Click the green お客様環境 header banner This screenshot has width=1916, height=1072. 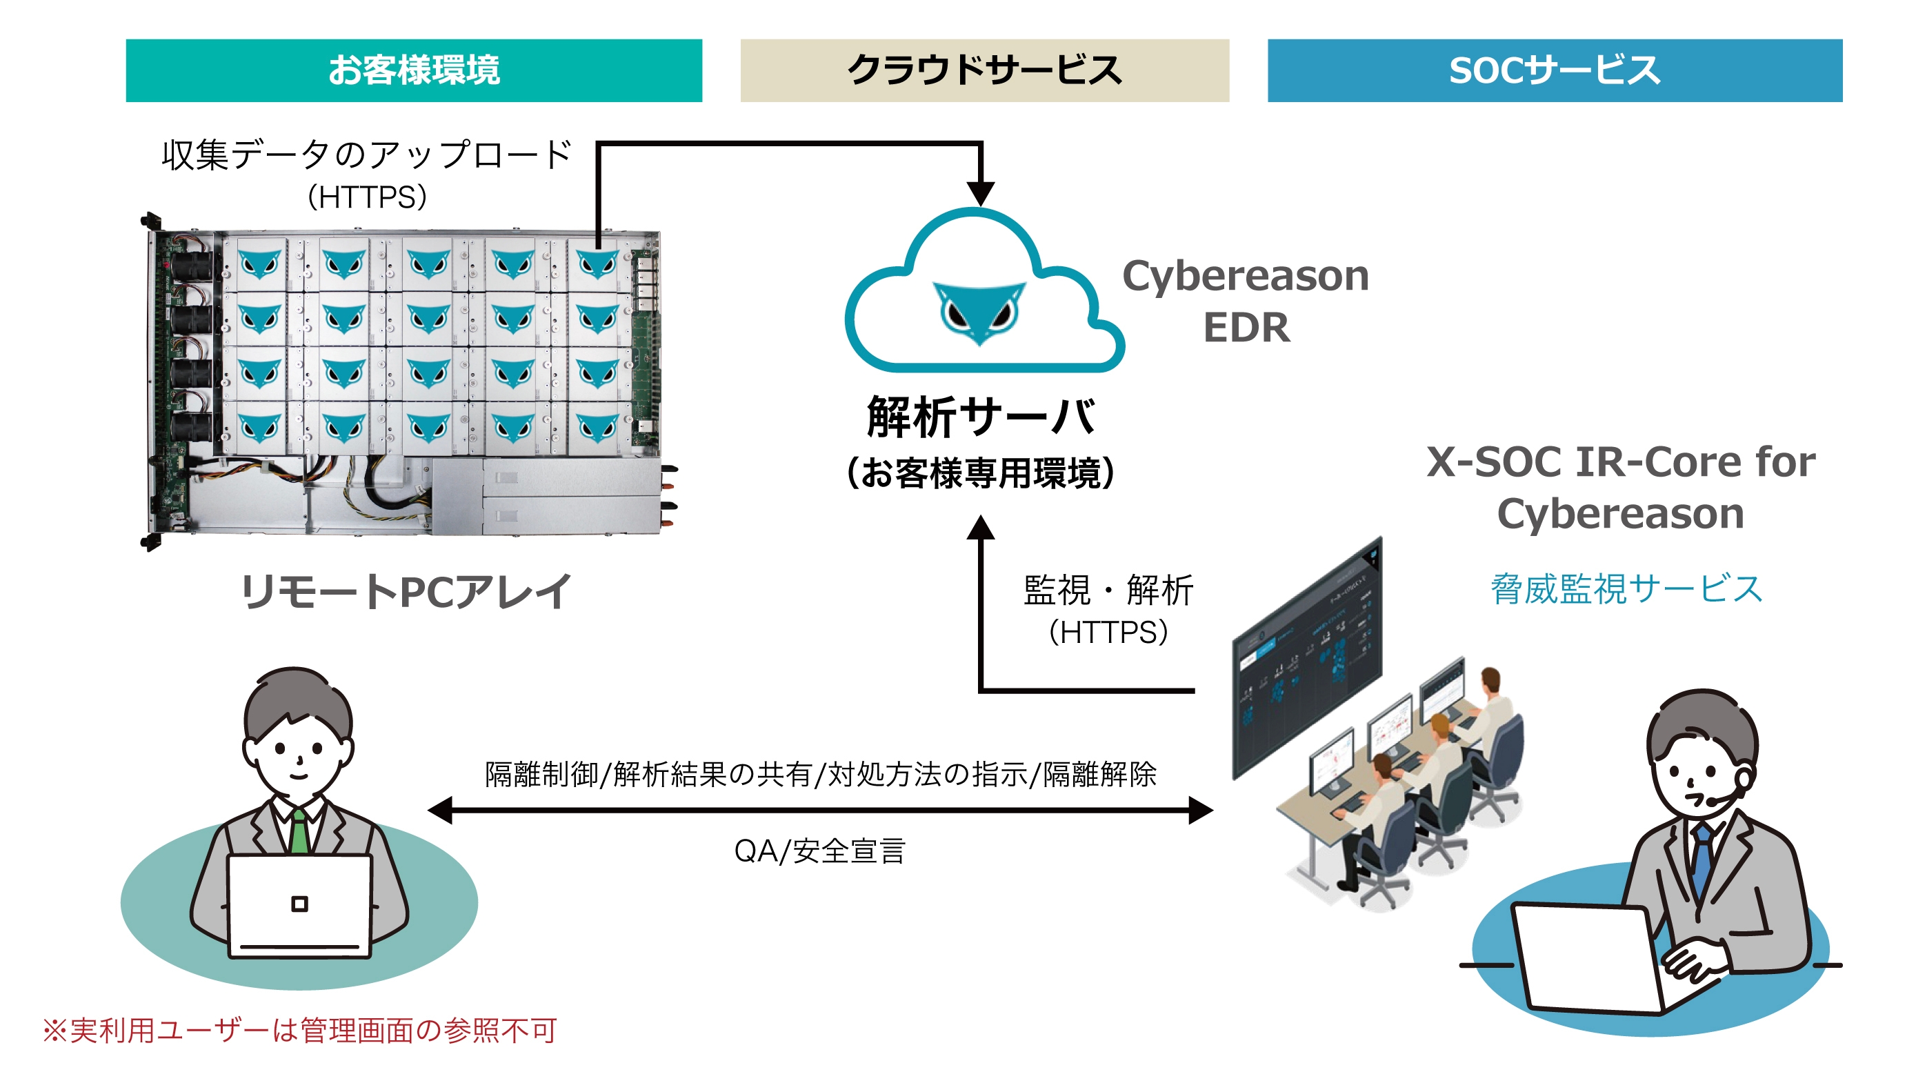pos(414,70)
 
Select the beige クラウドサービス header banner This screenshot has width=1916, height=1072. pos(984,70)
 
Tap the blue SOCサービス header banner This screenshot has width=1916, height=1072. pos(1554,70)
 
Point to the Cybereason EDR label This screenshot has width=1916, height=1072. pos(1246,301)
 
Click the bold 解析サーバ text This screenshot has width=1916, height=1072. pos(980,417)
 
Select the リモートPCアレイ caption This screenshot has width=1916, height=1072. pos(406,592)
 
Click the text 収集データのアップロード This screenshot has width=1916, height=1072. pos(367,155)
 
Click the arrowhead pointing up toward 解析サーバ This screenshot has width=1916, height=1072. pos(980,528)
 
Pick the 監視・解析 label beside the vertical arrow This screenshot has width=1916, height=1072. pos(1108,591)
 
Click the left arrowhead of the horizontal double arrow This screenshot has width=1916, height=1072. pos(440,809)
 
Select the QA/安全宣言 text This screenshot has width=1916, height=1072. pos(819,851)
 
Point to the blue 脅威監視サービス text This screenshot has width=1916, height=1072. pos(1626,589)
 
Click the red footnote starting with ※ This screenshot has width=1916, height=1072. pos(300,1031)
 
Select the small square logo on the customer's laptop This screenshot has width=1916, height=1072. pos(299,904)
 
